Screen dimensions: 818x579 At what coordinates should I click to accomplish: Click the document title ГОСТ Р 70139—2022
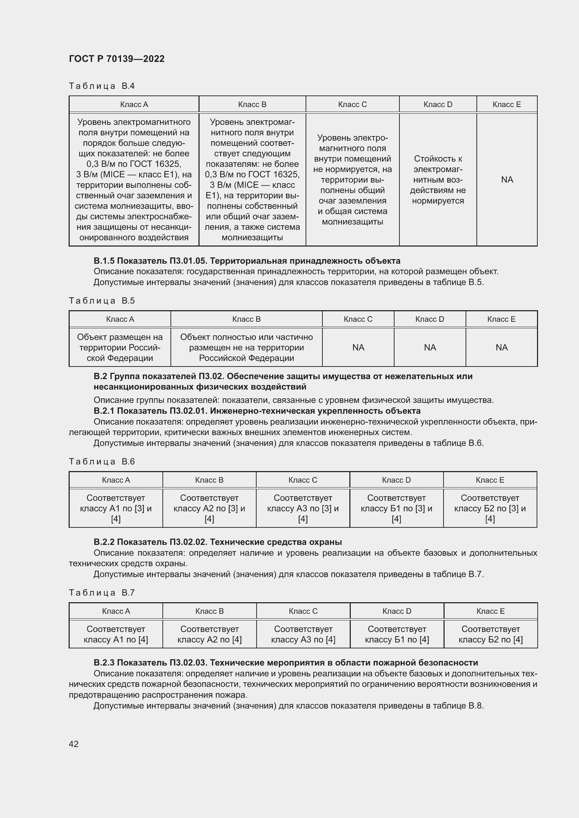click(117, 59)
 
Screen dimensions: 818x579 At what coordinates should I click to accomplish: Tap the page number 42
click(74, 744)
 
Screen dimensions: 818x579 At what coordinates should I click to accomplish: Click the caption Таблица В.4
click(102, 86)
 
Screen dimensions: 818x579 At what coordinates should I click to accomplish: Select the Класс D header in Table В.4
click(438, 104)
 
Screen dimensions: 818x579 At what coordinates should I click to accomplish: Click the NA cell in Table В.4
click(507, 179)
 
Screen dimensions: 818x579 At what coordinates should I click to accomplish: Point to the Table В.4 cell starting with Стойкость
click(438, 179)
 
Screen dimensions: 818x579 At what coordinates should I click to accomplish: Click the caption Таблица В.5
click(102, 301)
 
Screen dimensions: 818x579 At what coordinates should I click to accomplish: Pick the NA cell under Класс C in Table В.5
click(358, 347)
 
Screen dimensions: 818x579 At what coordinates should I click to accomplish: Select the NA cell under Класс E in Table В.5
click(501, 347)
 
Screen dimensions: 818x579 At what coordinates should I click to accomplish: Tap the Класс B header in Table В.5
click(246, 319)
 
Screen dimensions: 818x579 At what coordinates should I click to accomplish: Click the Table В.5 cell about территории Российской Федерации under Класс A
click(120, 347)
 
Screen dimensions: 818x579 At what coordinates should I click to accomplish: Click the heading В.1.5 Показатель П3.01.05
click(247, 261)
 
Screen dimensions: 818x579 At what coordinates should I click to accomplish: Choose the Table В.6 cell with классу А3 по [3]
click(303, 508)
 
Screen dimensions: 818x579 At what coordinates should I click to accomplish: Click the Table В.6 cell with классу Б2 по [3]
click(490, 508)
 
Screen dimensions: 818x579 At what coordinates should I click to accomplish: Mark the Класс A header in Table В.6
click(116, 480)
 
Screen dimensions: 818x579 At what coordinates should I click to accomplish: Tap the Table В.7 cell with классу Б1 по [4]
click(397, 634)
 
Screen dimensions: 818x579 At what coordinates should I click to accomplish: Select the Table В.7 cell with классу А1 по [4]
click(116, 634)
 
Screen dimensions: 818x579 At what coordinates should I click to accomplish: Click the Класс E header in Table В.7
click(490, 611)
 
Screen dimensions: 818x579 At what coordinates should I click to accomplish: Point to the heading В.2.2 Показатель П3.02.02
click(217, 542)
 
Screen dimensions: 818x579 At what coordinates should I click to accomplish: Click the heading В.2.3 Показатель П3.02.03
click(286, 663)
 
